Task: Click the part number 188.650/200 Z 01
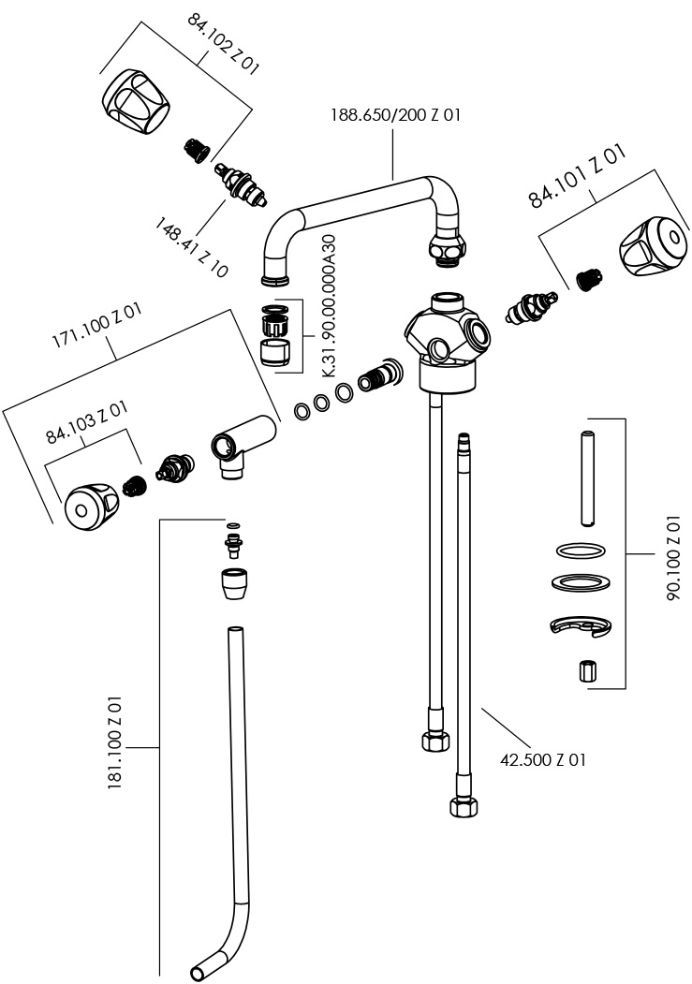point(395,116)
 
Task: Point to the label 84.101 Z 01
point(577,177)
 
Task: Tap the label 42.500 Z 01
point(543,759)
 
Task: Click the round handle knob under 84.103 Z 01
point(88,507)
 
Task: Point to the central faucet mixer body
point(444,342)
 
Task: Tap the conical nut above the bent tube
point(234,586)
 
